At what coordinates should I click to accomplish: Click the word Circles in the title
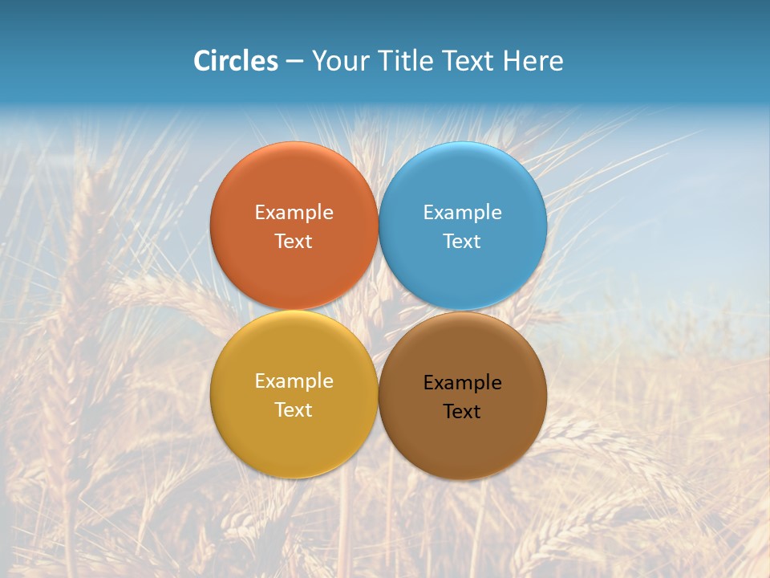point(236,61)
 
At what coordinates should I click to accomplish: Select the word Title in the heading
point(408,61)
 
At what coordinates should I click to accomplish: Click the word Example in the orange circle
point(294,213)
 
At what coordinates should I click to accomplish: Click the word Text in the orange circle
point(294,242)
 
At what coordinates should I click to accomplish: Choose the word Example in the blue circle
point(463,213)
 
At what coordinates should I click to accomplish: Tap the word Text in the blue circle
point(463,242)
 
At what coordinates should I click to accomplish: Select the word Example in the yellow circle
point(294,381)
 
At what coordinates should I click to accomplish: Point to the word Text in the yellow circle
point(294,410)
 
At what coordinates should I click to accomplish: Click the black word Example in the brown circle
point(463,383)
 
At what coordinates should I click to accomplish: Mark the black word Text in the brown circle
point(463,412)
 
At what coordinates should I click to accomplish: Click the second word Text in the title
point(470,61)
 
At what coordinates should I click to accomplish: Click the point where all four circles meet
point(379,311)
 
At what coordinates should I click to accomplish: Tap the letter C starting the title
point(202,61)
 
